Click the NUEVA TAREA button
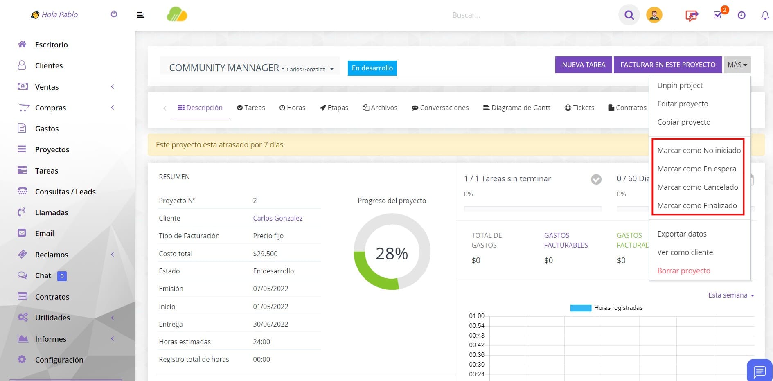[584, 65]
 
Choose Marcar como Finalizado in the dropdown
[697, 205]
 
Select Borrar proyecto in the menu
[683, 271]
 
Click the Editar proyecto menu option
[683, 104]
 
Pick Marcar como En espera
[696, 169]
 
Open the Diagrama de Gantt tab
[516, 108]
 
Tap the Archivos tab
[380, 108]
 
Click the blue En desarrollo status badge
[372, 68]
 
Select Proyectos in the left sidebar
[52, 149]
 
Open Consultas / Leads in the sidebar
[65, 192]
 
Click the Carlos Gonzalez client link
[278, 218]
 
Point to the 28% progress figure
[392, 254]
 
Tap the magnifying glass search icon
[629, 15]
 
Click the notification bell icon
[764, 15]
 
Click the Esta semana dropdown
[731, 295]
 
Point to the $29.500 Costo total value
[265, 254]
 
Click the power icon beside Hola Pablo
[114, 14]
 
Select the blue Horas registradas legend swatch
[581, 308]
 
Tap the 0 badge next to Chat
[62, 276]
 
